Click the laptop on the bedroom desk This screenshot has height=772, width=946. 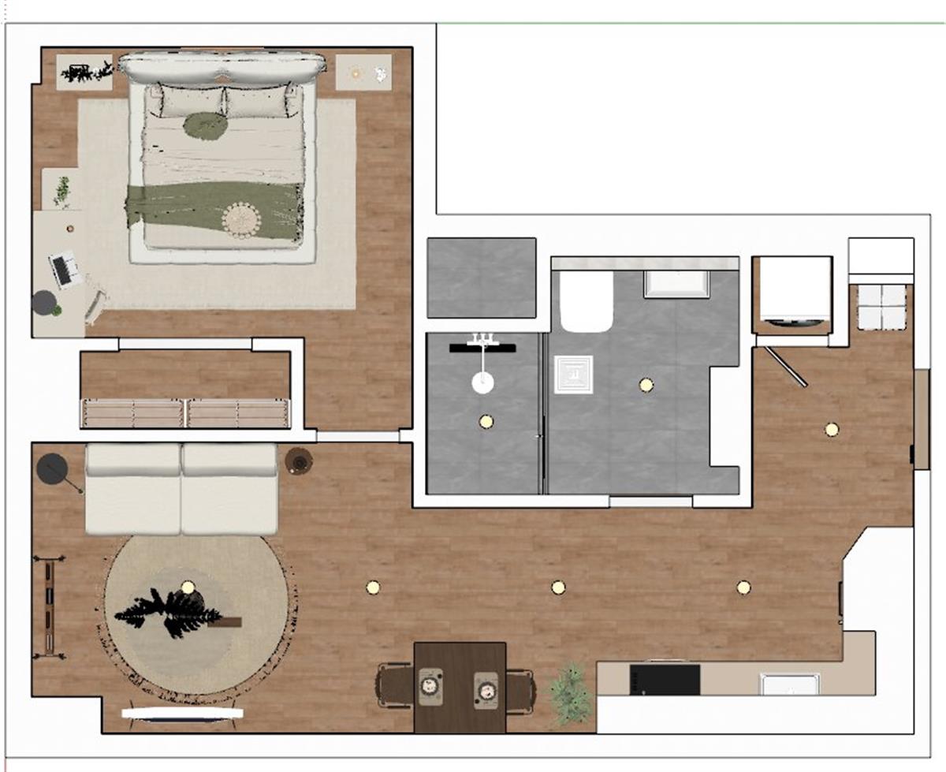(x=65, y=270)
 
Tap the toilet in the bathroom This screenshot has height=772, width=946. (x=586, y=301)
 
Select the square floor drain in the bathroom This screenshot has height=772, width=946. (x=573, y=374)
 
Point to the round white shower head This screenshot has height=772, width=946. (x=482, y=383)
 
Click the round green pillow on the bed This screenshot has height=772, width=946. (x=206, y=125)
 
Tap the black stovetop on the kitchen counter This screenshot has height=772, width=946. (x=665, y=679)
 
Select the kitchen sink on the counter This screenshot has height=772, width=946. (x=789, y=683)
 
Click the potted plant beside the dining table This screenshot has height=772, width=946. (x=570, y=693)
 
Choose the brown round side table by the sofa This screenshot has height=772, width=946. (x=299, y=461)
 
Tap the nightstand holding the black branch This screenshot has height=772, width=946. (x=84, y=73)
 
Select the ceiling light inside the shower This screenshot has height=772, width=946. (x=486, y=421)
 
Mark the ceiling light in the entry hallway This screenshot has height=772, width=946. (x=832, y=430)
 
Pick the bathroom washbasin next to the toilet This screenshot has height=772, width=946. (x=676, y=284)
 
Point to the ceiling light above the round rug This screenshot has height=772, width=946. (x=187, y=586)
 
